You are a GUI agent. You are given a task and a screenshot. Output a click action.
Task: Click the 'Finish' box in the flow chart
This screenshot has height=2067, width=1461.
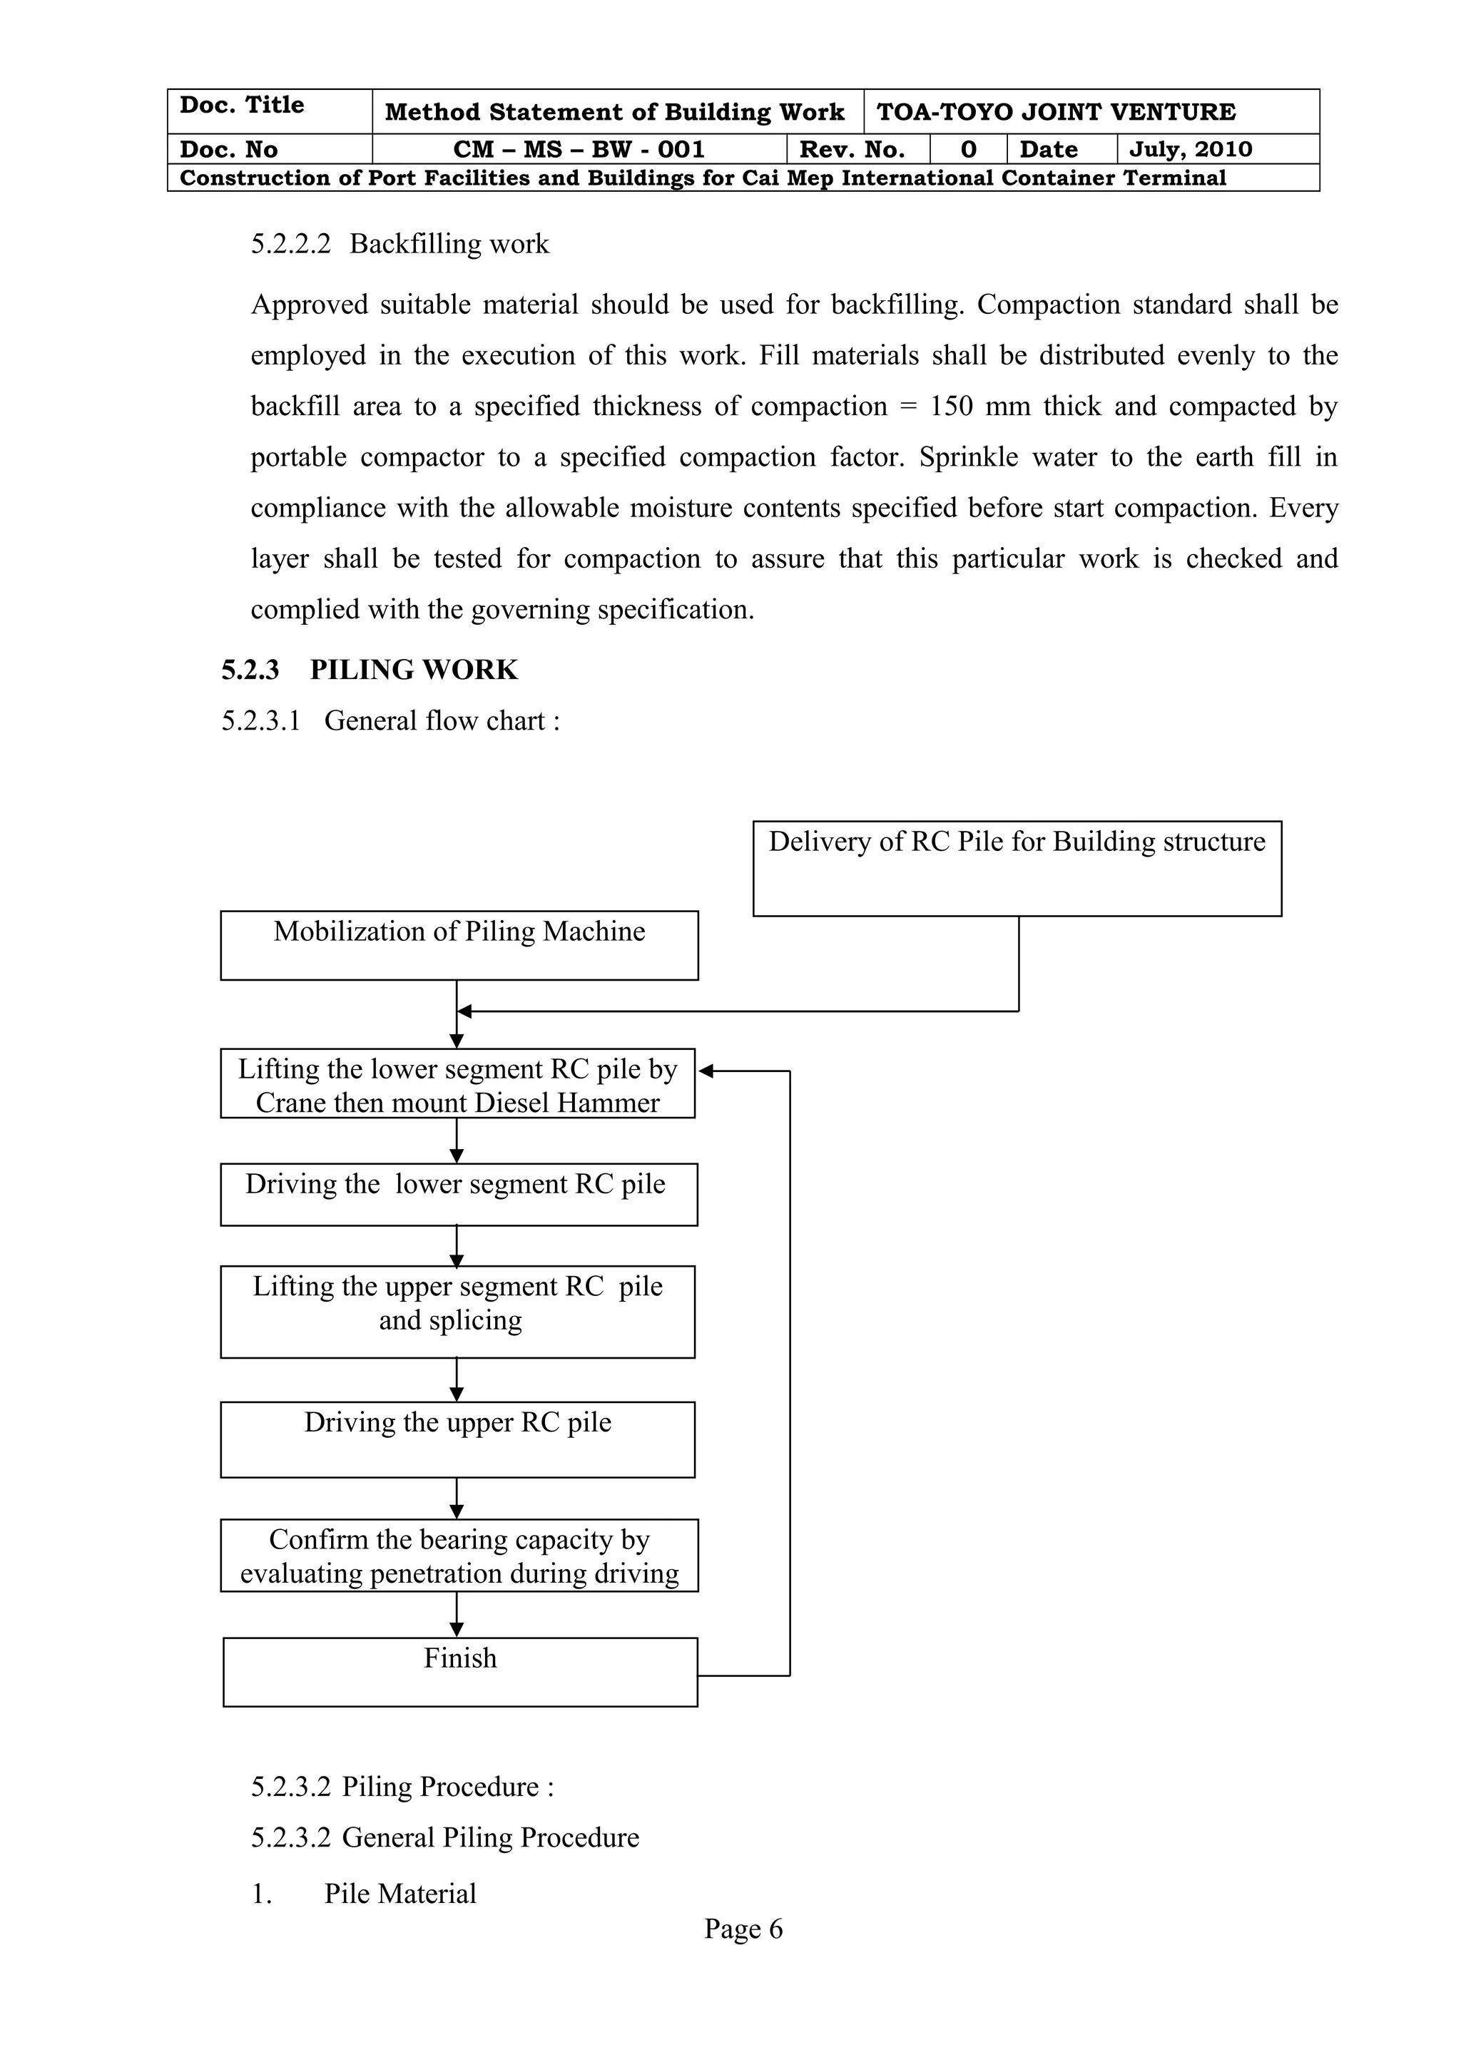(460, 1672)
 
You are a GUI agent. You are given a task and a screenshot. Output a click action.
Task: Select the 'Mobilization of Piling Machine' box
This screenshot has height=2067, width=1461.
(459, 945)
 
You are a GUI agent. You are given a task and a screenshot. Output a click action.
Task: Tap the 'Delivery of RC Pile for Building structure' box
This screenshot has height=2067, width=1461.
(1017, 868)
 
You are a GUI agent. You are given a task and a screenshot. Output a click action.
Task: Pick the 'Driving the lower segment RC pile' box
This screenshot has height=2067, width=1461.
(458, 1195)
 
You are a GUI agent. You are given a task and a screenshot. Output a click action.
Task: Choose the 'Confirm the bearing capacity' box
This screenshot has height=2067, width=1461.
(459, 1556)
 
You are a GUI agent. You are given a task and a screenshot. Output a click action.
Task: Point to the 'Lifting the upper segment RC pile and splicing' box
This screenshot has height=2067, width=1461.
(457, 1312)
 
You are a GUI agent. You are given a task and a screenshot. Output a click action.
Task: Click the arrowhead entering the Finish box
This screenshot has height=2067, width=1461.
(457, 1630)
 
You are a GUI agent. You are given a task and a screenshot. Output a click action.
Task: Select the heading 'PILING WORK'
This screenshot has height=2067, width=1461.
(413, 670)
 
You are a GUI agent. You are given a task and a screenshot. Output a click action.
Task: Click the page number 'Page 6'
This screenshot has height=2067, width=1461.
(743, 1929)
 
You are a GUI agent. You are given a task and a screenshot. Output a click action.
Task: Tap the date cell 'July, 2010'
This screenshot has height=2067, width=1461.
(1190, 150)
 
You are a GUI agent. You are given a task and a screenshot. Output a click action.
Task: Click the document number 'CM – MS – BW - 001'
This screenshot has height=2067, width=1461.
(579, 150)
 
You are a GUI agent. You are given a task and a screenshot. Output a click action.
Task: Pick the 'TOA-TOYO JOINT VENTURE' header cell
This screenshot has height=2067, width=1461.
(1056, 113)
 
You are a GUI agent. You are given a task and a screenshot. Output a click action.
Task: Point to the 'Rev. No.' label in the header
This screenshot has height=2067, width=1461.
(852, 150)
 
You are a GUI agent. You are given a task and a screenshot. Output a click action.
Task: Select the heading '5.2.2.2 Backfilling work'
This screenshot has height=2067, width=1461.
(399, 244)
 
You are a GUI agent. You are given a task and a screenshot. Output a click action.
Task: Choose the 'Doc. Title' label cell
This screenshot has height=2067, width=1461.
(242, 106)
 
